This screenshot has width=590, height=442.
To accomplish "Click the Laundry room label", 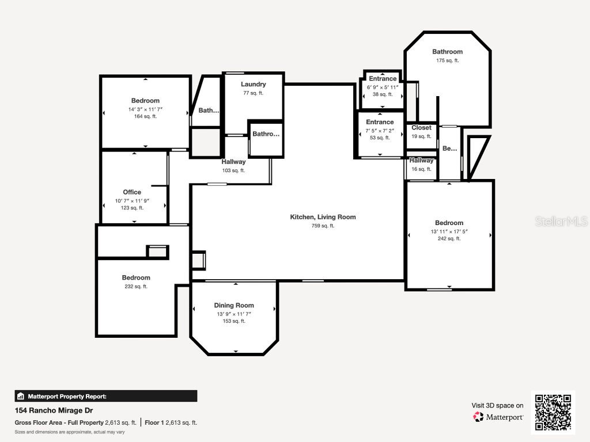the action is pyautogui.click(x=254, y=84).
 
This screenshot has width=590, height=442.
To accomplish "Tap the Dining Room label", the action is pyautogui.click(x=234, y=305).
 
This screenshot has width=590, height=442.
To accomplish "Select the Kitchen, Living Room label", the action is pyautogui.click(x=323, y=217).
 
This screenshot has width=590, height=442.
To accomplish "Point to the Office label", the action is pyautogui.click(x=132, y=192).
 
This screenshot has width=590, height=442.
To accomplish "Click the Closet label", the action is pyautogui.click(x=421, y=128).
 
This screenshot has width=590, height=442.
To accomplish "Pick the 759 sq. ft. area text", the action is pyautogui.click(x=323, y=226).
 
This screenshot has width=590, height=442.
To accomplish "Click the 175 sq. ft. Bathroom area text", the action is pyautogui.click(x=447, y=60).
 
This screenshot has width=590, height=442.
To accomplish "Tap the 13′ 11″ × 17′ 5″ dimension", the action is pyautogui.click(x=449, y=231).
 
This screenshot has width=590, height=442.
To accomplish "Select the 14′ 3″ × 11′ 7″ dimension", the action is pyautogui.click(x=146, y=109).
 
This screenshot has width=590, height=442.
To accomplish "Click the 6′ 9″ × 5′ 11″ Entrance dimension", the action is pyautogui.click(x=383, y=87).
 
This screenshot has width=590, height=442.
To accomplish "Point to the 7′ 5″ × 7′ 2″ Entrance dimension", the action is pyautogui.click(x=380, y=131).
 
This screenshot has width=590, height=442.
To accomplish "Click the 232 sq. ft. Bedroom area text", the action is pyautogui.click(x=136, y=287).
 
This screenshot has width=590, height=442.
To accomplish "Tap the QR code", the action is pyautogui.click(x=553, y=412).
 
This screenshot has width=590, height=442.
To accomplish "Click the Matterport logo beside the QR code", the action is pyautogui.click(x=498, y=417).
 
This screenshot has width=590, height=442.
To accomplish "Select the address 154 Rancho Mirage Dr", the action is pyautogui.click(x=54, y=410).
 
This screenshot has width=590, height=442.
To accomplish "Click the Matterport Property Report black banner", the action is pyautogui.click(x=106, y=396).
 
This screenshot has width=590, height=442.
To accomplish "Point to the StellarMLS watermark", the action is pyautogui.click(x=561, y=221).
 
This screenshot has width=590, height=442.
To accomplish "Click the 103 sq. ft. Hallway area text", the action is pyautogui.click(x=233, y=170).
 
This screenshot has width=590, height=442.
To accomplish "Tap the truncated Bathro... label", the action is pyautogui.click(x=266, y=134).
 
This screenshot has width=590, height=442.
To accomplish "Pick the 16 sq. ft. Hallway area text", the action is pyautogui.click(x=421, y=169).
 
